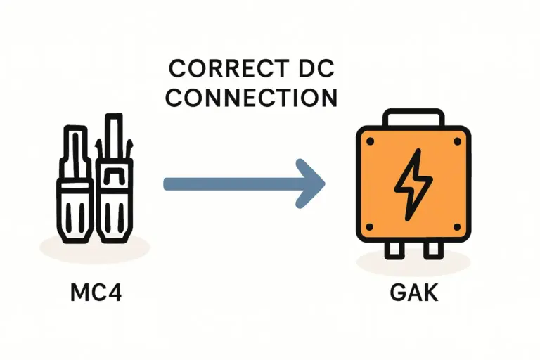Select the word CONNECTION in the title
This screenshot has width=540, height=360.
(x=252, y=98)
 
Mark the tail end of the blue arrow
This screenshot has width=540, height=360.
(x=167, y=184)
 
